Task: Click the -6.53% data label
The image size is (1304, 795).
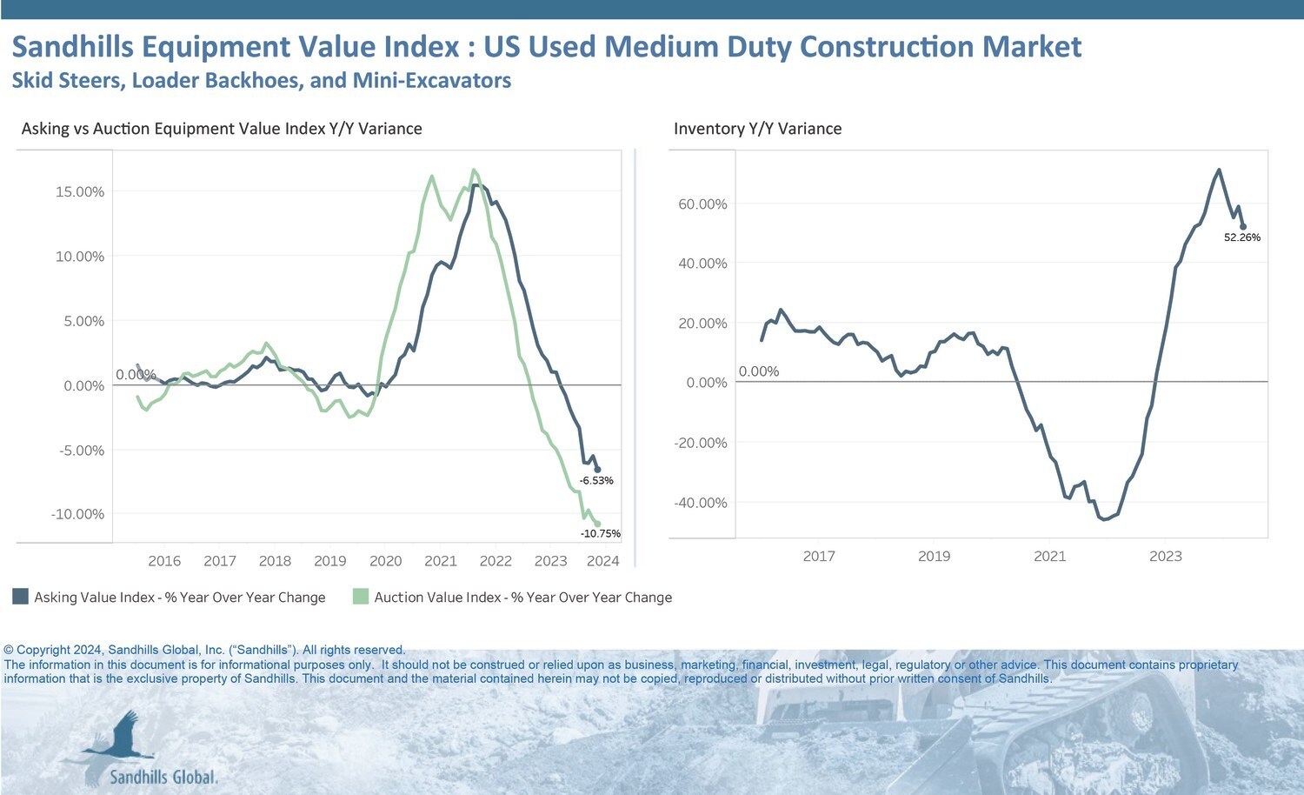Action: (597, 481)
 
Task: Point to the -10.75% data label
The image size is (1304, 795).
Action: (601, 534)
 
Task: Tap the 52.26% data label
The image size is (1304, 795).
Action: (1242, 237)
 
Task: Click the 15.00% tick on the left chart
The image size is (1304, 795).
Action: (80, 192)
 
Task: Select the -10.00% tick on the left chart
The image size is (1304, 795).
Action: (77, 514)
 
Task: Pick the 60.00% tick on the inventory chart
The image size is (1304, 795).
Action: (702, 204)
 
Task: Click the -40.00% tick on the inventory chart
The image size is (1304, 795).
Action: (701, 503)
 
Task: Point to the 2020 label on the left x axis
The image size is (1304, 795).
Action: (385, 561)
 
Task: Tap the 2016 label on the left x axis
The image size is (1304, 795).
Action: (164, 561)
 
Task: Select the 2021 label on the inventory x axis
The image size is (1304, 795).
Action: (1049, 557)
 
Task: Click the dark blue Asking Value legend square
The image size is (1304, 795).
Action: (20, 597)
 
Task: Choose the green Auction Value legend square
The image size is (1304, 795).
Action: (361, 597)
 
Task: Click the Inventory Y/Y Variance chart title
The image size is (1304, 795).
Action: (757, 129)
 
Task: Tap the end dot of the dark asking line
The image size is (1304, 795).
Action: (597, 470)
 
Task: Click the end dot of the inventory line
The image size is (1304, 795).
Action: (1243, 227)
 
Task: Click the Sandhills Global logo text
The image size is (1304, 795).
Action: (163, 777)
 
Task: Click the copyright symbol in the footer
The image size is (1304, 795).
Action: (9, 651)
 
